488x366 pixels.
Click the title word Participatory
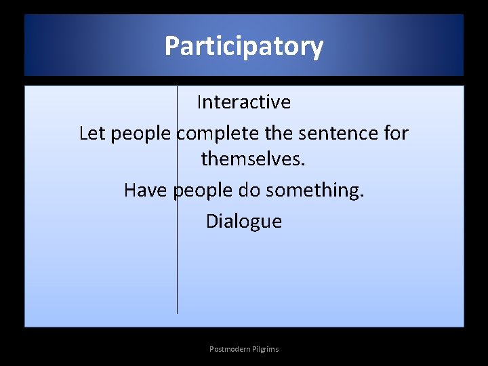(244, 47)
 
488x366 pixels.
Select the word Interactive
(244, 102)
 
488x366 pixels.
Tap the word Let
(92, 134)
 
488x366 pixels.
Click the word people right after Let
(142, 134)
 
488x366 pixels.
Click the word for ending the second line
(396, 134)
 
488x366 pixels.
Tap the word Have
(146, 190)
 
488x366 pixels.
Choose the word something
(316, 191)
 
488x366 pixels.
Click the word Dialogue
(244, 222)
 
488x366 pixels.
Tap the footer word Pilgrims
(265, 349)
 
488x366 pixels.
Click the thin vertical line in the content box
(178, 271)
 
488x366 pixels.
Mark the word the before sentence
(281, 134)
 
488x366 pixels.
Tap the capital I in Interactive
(199, 102)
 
